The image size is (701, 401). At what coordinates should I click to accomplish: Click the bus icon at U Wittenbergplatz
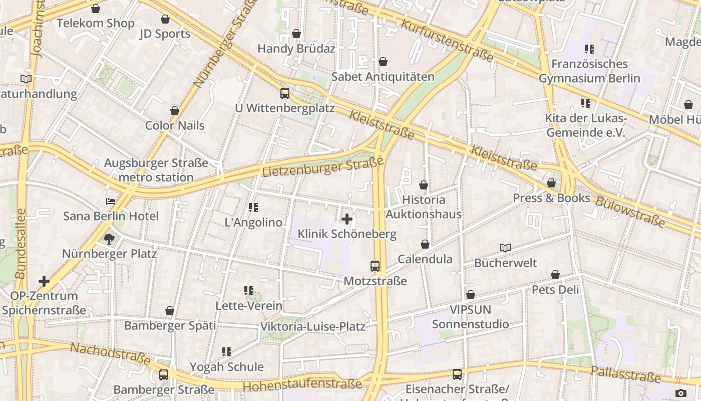pyautogui.click(x=284, y=93)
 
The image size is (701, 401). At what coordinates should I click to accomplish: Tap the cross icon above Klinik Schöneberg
pyautogui.click(x=346, y=219)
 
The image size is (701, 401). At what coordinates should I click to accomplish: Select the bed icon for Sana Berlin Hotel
pyautogui.click(x=111, y=202)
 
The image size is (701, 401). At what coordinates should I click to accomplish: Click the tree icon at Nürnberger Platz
pyautogui.click(x=109, y=239)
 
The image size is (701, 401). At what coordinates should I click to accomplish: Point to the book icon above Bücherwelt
pyautogui.click(x=505, y=248)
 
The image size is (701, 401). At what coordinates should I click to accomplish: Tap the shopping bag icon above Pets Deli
pyautogui.click(x=555, y=275)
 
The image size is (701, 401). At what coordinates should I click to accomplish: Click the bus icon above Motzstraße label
pyautogui.click(x=375, y=266)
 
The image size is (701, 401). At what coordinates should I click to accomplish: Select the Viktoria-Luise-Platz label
pyautogui.click(x=312, y=327)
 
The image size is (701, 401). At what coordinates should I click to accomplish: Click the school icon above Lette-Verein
pyautogui.click(x=249, y=291)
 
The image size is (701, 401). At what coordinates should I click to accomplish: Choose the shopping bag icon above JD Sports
pyautogui.click(x=165, y=19)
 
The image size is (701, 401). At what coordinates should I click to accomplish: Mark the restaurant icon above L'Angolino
pyautogui.click(x=253, y=208)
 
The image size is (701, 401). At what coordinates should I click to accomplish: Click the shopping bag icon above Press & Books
pyautogui.click(x=551, y=183)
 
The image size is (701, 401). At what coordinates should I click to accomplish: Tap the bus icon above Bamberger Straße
pyautogui.click(x=164, y=374)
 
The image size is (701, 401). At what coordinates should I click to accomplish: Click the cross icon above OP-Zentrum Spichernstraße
pyautogui.click(x=44, y=281)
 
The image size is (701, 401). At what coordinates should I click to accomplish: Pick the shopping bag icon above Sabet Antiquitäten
pyautogui.click(x=383, y=62)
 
